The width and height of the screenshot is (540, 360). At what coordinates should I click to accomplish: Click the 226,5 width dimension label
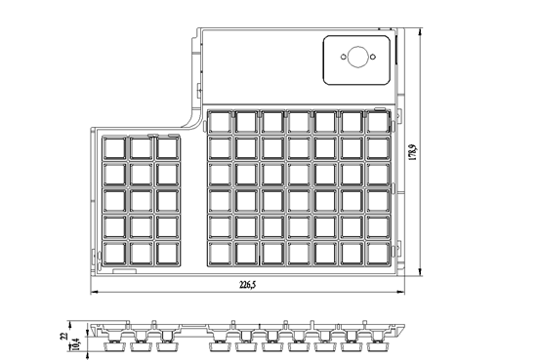[248, 285]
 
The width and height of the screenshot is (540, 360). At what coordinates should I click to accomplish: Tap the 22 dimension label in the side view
[64, 336]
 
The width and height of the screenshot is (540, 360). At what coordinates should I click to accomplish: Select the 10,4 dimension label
[76, 344]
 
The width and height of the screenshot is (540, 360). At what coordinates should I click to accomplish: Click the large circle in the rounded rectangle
[358, 57]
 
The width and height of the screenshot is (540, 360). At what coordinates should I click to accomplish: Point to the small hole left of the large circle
[343, 57]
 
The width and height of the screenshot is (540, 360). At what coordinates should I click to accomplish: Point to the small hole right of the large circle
[373, 57]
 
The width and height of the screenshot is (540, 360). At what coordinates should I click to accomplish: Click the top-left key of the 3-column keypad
[114, 148]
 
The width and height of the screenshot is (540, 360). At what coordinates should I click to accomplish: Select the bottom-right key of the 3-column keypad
[168, 254]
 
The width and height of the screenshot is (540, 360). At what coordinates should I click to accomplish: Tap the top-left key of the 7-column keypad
[220, 122]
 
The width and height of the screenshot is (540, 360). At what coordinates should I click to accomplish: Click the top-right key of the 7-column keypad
[378, 122]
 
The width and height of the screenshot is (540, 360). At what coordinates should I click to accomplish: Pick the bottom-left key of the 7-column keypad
[220, 254]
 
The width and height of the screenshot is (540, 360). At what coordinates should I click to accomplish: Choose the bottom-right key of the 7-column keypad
[378, 254]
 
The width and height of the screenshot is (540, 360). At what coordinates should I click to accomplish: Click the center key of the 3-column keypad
[142, 201]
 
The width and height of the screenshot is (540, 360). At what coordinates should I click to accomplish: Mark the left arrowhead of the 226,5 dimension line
[95, 293]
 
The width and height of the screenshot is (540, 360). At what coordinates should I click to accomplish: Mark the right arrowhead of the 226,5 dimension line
[400, 293]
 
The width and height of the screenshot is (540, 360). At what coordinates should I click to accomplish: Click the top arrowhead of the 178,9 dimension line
[420, 32]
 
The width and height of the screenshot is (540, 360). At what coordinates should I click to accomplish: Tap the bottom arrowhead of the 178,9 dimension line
[420, 271]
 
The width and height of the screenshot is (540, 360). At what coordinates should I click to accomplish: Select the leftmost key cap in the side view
[113, 346]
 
